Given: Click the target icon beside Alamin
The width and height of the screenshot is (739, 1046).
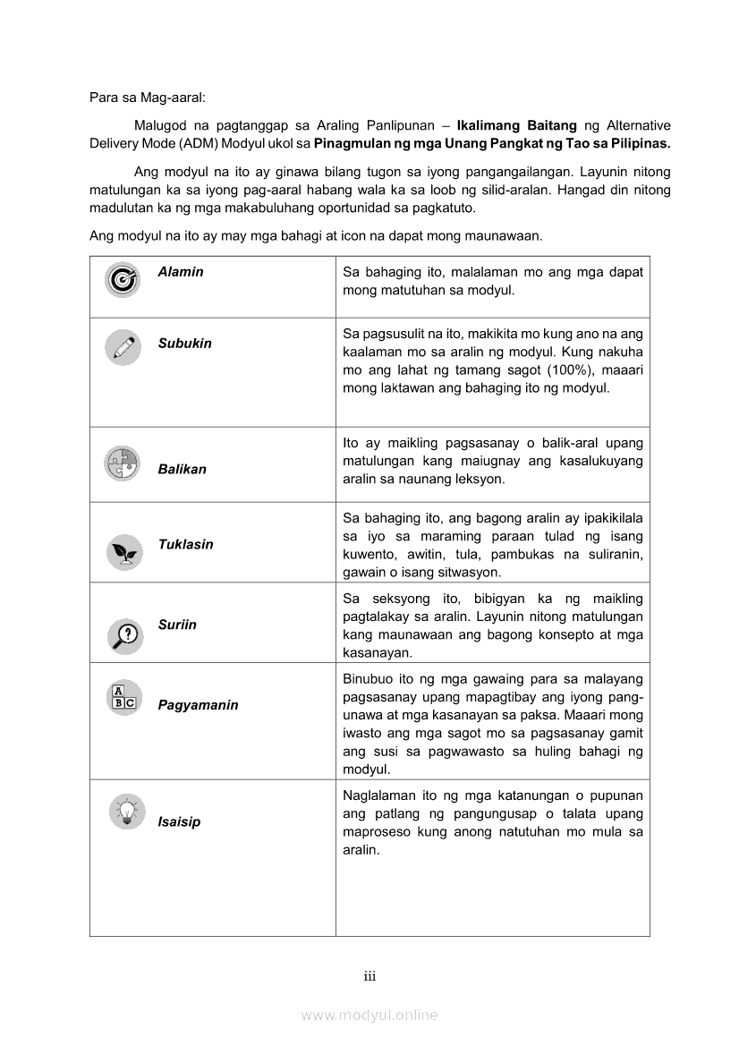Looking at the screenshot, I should [123, 281].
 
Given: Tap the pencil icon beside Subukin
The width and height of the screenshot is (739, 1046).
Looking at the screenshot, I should [123, 347].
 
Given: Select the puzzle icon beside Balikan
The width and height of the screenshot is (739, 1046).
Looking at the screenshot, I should [123, 463].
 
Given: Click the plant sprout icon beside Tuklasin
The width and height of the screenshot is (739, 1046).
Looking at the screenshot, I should [123, 551].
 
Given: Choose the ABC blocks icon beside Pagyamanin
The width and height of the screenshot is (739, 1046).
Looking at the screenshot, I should [123, 696].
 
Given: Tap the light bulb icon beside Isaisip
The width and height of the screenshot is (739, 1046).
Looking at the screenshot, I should [126, 812].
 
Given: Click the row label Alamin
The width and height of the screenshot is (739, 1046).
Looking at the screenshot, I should [181, 272].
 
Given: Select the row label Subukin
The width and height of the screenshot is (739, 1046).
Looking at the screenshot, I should [184, 344].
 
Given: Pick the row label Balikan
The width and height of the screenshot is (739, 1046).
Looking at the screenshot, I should [182, 469].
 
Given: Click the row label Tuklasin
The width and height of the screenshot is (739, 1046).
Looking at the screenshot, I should [185, 544].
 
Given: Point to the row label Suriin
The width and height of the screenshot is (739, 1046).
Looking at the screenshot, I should [177, 625].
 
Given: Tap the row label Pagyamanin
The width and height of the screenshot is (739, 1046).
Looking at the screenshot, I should [198, 705].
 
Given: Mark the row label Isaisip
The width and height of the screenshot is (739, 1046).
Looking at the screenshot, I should [179, 821].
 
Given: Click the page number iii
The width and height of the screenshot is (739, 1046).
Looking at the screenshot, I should [369, 976].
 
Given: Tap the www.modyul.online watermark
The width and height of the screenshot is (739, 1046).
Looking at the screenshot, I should [369, 1015].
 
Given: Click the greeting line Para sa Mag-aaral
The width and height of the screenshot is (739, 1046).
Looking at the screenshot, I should [148, 97].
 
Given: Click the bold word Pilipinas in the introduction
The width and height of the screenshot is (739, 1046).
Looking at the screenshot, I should [637, 143].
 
